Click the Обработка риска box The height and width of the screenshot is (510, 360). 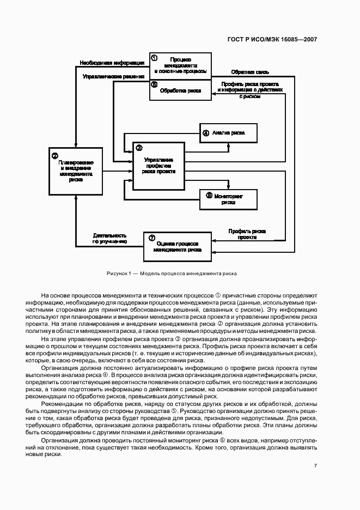[x=180, y=90]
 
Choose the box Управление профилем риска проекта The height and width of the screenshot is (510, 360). [x=158, y=166]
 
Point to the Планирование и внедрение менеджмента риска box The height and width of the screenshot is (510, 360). [x=76, y=171]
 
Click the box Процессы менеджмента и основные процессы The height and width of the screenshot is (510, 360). [x=180, y=65]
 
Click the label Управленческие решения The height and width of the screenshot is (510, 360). [x=113, y=77]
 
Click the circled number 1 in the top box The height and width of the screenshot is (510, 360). [x=154, y=58]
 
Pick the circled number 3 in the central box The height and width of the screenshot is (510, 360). [x=138, y=148]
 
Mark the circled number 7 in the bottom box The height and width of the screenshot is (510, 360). [x=151, y=238]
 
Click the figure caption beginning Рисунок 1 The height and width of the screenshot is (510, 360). [x=172, y=273]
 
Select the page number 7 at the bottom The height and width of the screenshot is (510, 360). [x=315, y=466]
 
